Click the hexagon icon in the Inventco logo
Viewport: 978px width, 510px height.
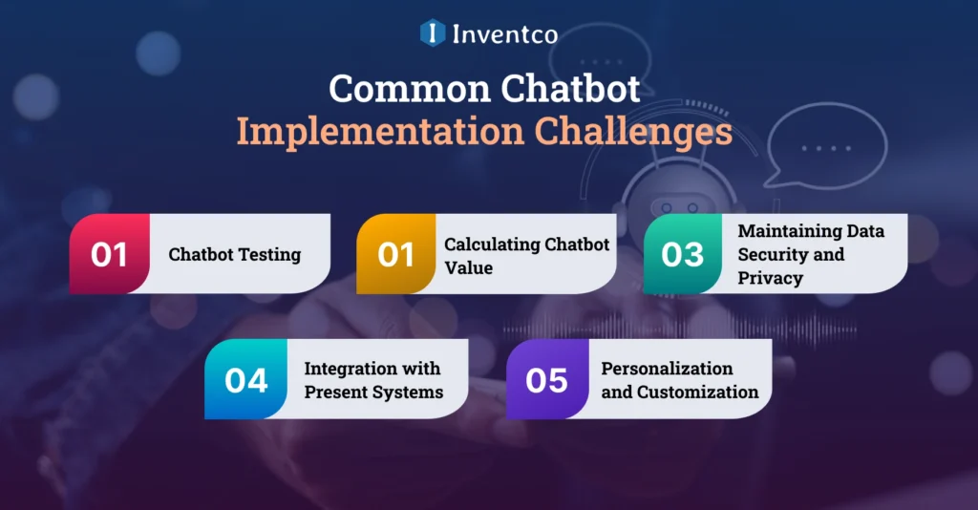pos(433,33)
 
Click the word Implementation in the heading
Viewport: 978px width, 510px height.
pos(380,132)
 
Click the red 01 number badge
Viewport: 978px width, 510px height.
pos(109,254)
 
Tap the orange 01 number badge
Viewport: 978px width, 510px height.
pos(395,254)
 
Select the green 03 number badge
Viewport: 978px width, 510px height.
pos(682,254)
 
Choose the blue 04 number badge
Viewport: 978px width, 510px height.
pos(245,379)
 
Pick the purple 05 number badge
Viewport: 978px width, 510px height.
pos(546,379)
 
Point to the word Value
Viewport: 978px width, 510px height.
pos(468,267)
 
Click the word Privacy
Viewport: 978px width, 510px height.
pos(770,278)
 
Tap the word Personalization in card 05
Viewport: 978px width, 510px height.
pos(667,369)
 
